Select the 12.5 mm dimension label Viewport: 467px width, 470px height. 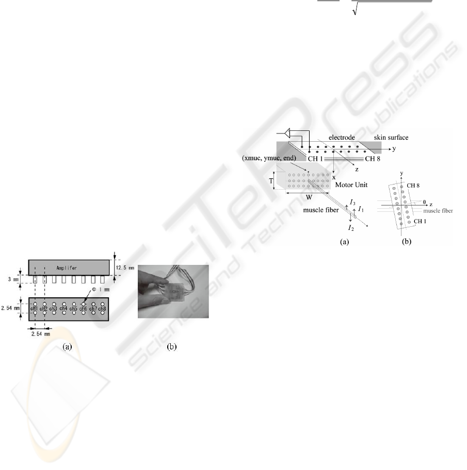[123, 267]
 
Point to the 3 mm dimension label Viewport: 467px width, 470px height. [11, 279]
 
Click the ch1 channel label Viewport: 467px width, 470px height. [35, 308]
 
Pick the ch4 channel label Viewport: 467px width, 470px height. [63, 308]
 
